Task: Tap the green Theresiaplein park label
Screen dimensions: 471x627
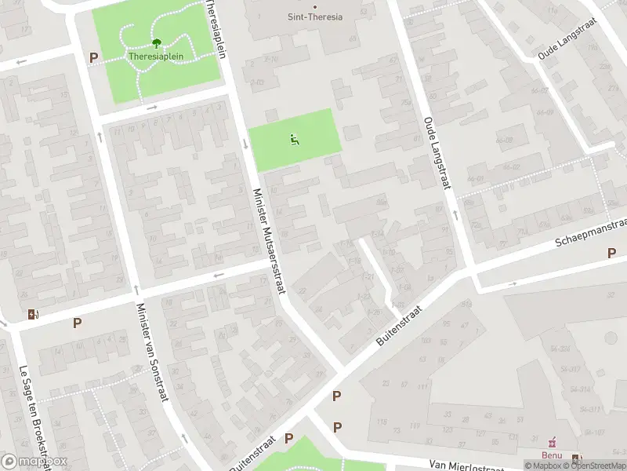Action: click(x=156, y=57)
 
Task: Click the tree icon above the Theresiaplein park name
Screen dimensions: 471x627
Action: click(x=156, y=44)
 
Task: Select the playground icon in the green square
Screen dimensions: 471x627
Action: click(x=295, y=141)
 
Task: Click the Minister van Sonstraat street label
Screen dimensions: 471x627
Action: click(x=152, y=352)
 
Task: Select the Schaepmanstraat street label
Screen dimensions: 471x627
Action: click(x=589, y=232)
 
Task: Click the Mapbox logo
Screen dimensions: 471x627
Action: click(x=34, y=462)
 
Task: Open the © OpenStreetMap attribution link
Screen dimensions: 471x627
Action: click(x=596, y=466)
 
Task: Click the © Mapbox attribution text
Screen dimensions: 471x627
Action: click(x=544, y=466)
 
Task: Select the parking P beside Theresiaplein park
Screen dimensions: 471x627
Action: click(x=94, y=57)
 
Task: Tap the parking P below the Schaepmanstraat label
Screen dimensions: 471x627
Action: click(x=611, y=253)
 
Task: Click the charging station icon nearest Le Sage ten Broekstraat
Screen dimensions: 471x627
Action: click(x=32, y=315)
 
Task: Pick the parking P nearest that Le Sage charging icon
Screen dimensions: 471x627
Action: click(x=77, y=323)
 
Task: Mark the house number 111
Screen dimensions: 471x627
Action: click(x=423, y=387)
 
